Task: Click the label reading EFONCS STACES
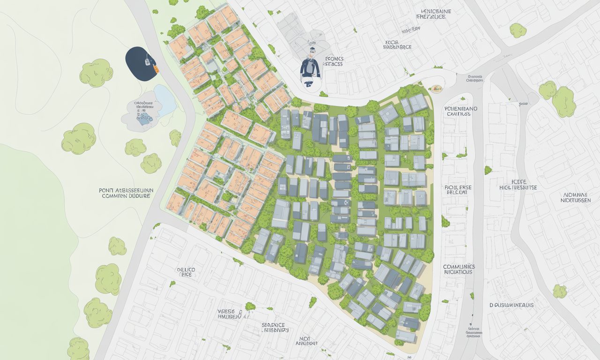tap(333, 61)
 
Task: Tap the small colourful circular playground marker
tap(437, 88)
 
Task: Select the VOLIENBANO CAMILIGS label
tap(461, 111)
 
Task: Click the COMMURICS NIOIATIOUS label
tap(459, 269)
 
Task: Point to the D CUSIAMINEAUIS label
tap(512, 305)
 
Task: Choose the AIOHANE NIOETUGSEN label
tap(576, 197)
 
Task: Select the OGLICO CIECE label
tap(186, 273)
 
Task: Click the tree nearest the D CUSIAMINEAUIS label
tap(559, 291)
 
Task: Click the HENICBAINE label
tap(430, 14)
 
